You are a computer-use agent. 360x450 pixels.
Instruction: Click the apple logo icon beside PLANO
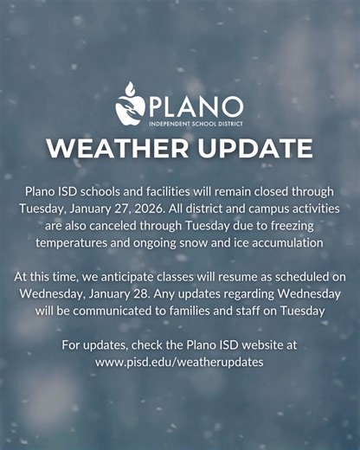pyautogui.click(x=130, y=104)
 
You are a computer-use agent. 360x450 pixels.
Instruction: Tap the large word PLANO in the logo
pyautogui.click(x=196, y=106)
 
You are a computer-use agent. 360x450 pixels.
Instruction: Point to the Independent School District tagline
pyautogui.click(x=196, y=124)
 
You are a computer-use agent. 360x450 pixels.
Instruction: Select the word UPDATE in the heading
pyautogui.click(x=252, y=148)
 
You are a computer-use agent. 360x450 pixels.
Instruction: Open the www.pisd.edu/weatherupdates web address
pyautogui.click(x=180, y=361)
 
